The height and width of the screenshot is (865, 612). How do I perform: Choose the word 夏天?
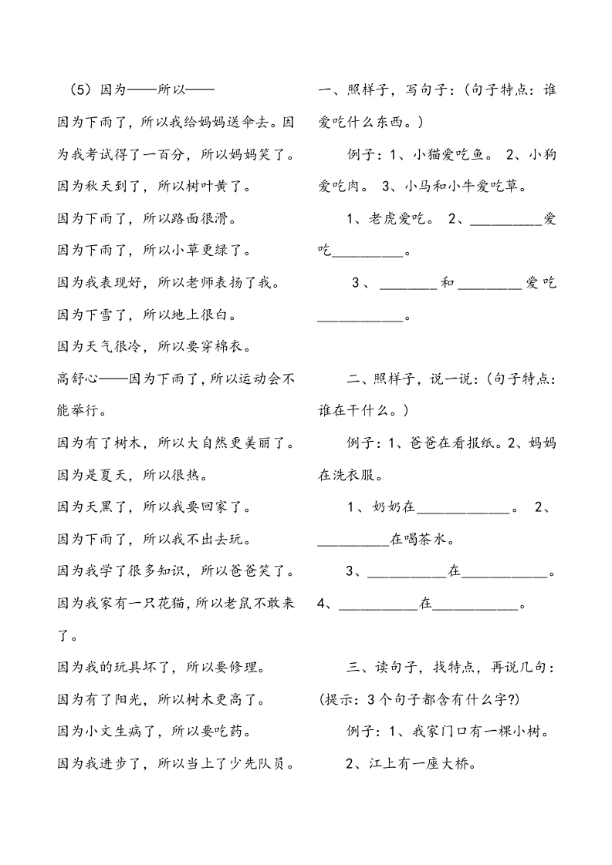click(x=114, y=475)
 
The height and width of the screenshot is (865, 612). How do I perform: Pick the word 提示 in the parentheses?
click(x=339, y=700)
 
